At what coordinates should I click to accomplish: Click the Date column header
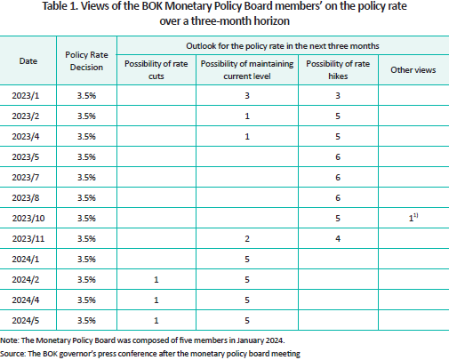tap(28, 61)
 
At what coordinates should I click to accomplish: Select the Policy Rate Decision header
tap(86, 61)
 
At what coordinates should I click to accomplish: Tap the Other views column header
tap(413, 70)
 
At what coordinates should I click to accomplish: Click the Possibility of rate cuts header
tap(156, 70)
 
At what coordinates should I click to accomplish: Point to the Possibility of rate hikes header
tap(338, 70)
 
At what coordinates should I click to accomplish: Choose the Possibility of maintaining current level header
tap(247, 70)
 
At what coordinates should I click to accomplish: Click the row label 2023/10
tap(28, 219)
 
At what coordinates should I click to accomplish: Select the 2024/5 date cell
tap(26, 321)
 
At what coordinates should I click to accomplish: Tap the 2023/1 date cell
tap(26, 96)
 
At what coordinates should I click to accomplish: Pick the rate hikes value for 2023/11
tap(338, 239)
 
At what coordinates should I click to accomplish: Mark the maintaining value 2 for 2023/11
tap(247, 239)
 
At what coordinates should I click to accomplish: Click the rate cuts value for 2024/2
tap(156, 280)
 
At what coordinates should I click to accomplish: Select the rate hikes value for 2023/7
tap(338, 178)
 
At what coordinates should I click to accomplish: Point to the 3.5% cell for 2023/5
tap(86, 157)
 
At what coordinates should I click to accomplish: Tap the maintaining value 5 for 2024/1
tap(247, 260)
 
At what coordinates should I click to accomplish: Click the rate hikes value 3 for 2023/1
tap(338, 96)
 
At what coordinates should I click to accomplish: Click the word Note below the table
tap(10, 340)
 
